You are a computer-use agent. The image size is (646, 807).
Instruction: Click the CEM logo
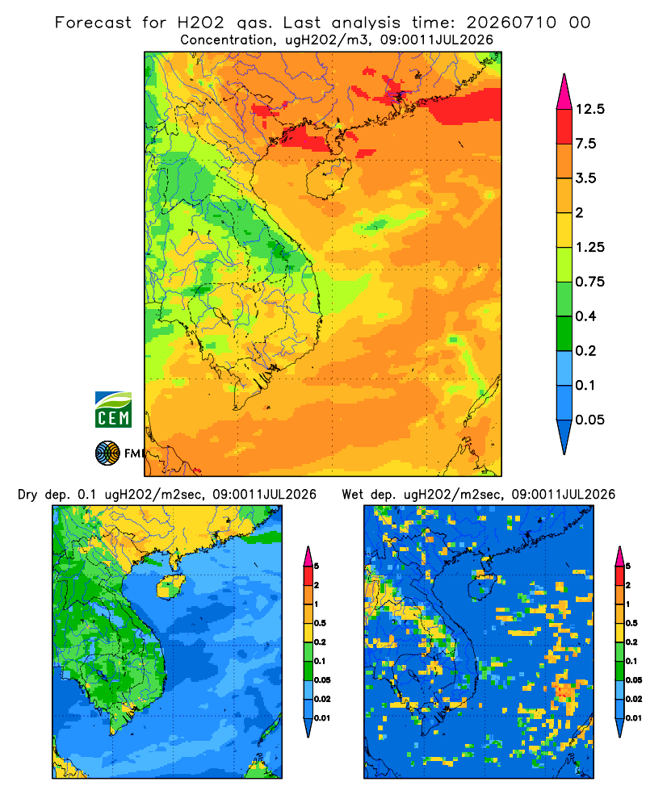[113, 410]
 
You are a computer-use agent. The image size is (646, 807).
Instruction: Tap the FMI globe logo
[107, 454]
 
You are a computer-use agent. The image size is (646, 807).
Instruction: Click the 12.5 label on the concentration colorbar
[589, 109]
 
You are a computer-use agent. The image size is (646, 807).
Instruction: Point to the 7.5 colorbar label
[585, 144]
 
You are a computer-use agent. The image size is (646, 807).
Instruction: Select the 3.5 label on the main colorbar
[585, 178]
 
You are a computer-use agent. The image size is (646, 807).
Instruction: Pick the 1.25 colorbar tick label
[589, 247]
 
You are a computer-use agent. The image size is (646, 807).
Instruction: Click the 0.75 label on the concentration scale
[589, 282]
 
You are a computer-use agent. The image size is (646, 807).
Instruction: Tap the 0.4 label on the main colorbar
[585, 316]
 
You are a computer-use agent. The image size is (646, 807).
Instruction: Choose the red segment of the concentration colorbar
[564, 127]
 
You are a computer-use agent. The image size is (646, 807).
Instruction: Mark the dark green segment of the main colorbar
[564, 333]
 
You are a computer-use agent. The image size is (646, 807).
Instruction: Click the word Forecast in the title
[93, 23]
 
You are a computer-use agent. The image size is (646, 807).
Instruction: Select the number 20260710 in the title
[511, 23]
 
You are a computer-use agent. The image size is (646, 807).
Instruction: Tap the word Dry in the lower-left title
[27, 495]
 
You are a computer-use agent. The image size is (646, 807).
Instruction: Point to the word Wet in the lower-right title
[353, 495]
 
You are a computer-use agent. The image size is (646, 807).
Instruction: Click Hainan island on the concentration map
[329, 178]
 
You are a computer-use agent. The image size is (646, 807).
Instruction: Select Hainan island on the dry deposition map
[170, 586]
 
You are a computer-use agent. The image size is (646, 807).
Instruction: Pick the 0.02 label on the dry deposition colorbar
[322, 699]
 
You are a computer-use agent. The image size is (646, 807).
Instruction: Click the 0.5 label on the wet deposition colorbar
[631, 623]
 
